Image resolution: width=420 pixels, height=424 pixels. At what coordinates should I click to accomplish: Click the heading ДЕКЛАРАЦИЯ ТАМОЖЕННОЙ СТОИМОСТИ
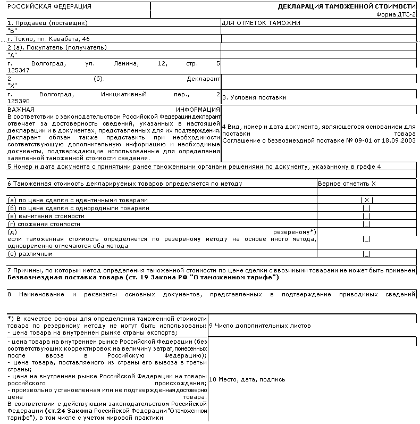347,7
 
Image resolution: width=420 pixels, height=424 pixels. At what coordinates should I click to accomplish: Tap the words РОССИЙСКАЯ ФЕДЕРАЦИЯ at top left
41,7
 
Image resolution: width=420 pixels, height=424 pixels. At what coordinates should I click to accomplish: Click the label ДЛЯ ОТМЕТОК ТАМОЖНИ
261,23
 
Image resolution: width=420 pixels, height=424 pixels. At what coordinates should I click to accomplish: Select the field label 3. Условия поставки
254,97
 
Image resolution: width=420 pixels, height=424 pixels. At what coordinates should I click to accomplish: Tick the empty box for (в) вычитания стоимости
366,217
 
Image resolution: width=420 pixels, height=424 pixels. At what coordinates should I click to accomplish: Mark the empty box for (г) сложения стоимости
366,225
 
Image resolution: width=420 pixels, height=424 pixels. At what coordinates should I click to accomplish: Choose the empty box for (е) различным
366,254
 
